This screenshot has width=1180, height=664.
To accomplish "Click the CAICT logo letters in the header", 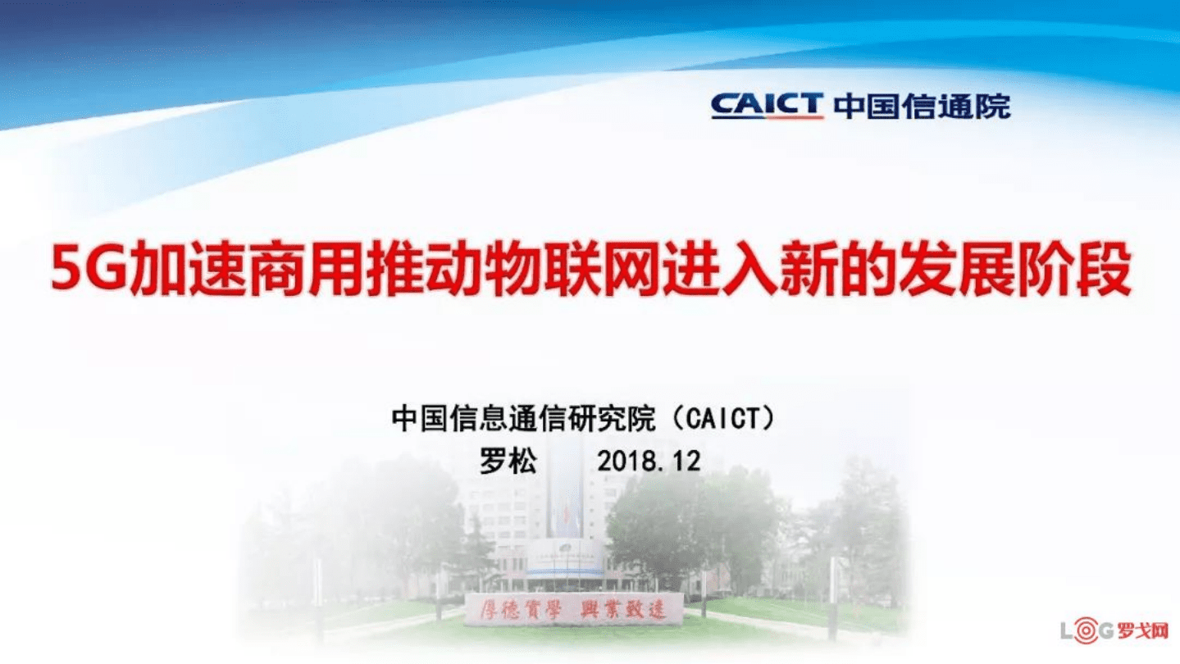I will [766, 106].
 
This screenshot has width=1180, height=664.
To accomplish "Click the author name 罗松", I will [508, 461].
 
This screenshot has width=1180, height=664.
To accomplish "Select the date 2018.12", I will [649, 461].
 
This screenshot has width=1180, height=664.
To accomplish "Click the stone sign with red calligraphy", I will [573, 609].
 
